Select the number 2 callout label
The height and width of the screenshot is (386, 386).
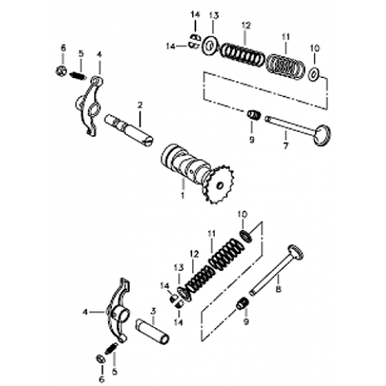coord(140,105)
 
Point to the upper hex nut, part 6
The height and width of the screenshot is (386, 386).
coord(62,72)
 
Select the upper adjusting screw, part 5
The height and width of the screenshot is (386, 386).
coord(78,76)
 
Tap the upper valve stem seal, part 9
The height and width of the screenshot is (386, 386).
coord(251,116)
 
